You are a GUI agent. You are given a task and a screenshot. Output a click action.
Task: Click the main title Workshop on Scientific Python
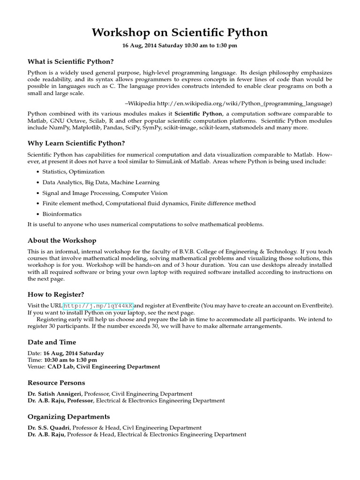[180, 32]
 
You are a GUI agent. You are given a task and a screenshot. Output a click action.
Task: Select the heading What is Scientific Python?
[71, 61]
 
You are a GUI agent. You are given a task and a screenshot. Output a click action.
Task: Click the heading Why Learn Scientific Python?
[76, 143]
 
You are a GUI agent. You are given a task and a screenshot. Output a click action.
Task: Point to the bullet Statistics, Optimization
[74, 172]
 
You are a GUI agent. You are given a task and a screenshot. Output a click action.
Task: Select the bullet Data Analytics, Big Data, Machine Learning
[101, 182]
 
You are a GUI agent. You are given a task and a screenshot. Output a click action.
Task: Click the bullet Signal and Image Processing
[105, 193]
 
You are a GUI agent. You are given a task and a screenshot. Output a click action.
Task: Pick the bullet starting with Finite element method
[149, 203]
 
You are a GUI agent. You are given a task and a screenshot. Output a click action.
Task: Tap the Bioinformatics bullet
[62, 214]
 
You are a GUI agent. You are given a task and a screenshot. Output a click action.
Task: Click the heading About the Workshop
[62, 240]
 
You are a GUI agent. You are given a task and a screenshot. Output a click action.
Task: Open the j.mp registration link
[98, 306]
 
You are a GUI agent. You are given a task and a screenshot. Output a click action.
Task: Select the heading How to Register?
[56, 294]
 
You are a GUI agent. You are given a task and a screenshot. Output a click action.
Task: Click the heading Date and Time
[52, 342]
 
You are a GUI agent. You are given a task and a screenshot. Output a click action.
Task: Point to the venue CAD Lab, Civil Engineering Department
[104, 367]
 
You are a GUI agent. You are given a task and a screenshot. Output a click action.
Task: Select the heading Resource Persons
[56, 383]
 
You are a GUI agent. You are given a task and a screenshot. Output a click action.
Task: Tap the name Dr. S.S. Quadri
[49, 427]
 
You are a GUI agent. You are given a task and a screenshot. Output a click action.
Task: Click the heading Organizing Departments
[69, 417]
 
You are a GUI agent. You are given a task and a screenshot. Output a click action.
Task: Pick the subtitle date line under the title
[180, 45]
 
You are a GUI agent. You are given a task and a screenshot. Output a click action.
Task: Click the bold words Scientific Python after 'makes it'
[198, 114]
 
